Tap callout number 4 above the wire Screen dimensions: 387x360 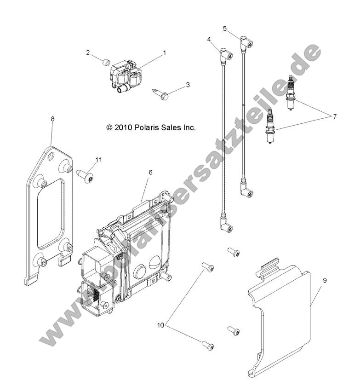click(209, 40)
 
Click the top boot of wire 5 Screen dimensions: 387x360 click(246, 43)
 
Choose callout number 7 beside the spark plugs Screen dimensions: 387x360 click(335, 116)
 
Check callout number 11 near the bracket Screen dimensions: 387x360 click(98, 159)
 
